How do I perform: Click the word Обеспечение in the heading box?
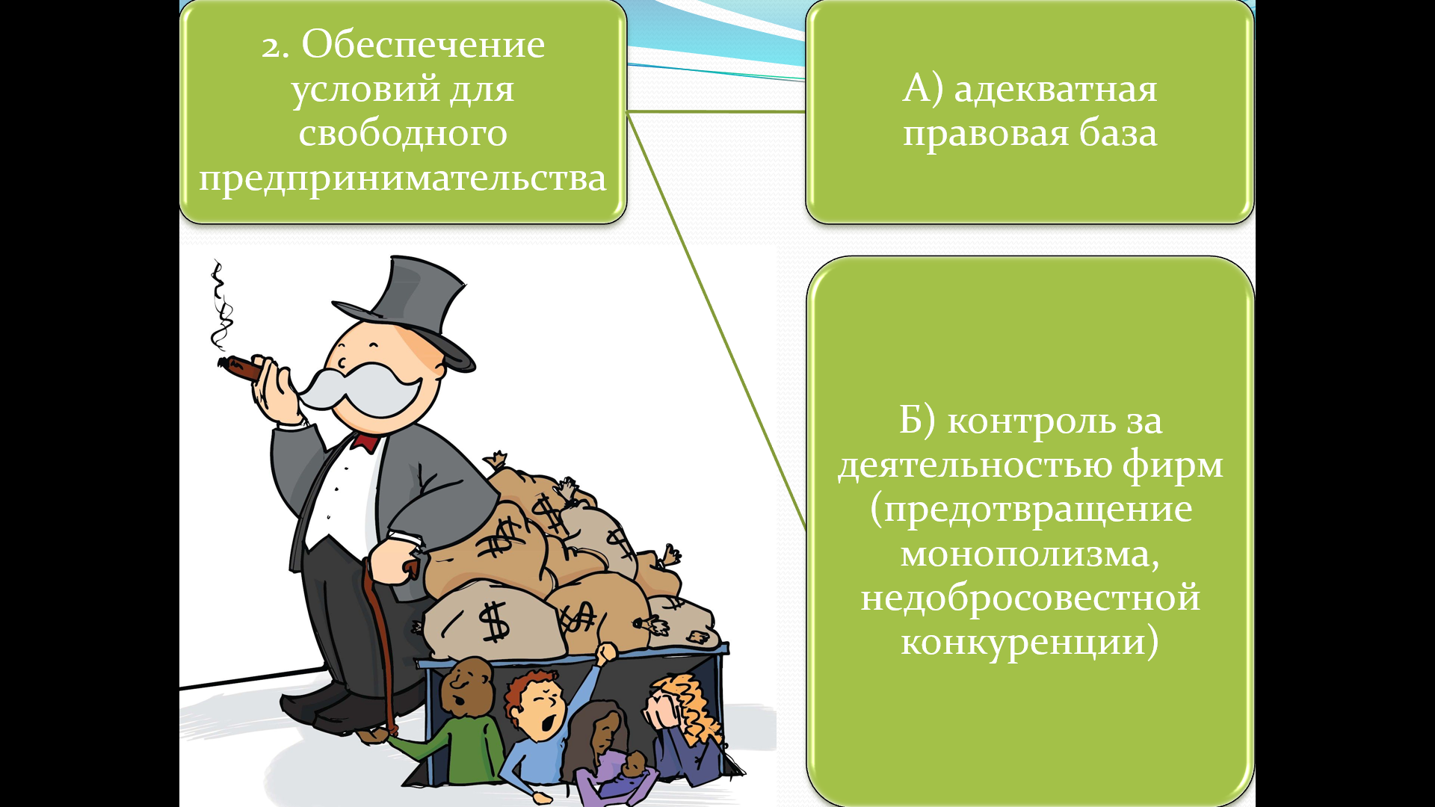(x=423, y=45)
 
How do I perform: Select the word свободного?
(x=403, y=134)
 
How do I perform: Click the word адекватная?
(x=1055, y=90)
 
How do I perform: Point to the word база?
(x=1118, y=133)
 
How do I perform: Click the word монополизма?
(x=1030, y=554)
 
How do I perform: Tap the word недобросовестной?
(x=1030, y=598)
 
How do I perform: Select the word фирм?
(x=1172, y=465)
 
